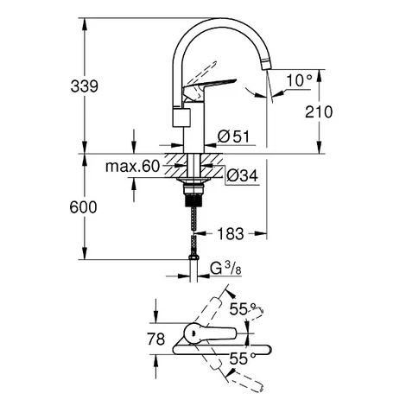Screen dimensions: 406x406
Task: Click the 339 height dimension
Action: click(85, 86)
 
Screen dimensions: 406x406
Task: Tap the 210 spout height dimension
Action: click(319, 112)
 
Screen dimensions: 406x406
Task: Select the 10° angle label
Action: click(299, 80)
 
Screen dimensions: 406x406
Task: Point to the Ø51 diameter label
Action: click(233, 136)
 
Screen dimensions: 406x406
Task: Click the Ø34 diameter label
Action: click(242, 175)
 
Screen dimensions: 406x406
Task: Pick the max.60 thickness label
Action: click(132, 167)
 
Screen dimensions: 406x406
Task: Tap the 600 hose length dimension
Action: click(83, 207)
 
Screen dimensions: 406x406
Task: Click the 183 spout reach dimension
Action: click(231, 233)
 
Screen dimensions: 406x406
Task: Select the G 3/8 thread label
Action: click(225, 270)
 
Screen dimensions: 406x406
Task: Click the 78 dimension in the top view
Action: click(156, 339)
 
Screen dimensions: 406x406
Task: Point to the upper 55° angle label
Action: click(243, 309)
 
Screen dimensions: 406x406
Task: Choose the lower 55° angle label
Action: click(243, 358)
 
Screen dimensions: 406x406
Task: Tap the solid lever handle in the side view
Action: click(209, 85)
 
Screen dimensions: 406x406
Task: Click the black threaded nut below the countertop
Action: click(194, 199)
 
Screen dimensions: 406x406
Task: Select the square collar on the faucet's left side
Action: click(181, 117)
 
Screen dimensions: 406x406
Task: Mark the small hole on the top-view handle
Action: click(193, 333)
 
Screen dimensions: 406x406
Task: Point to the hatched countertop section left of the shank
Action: click(174, 166)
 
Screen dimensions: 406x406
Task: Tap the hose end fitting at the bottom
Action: click(193, 257)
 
